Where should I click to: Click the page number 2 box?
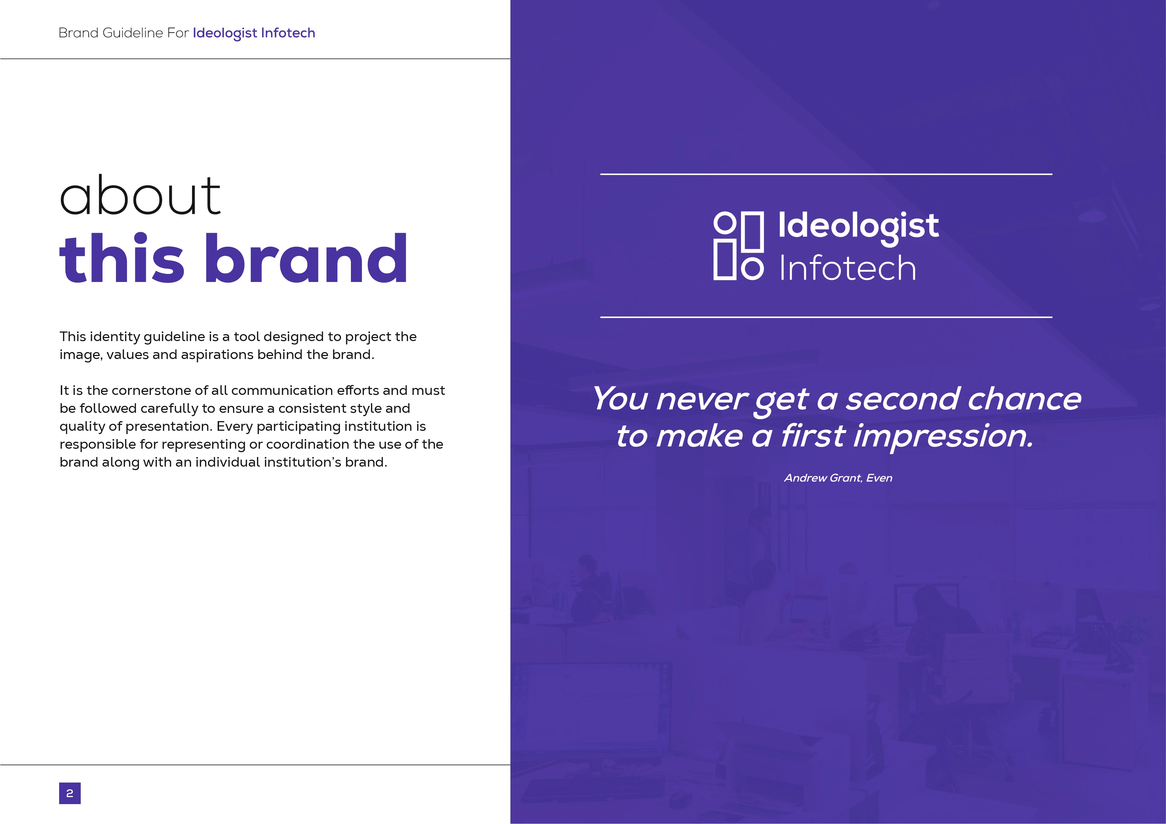pyautogui.click(x=69, y=793)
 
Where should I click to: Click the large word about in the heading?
pyautogui.click(x=140, y=195)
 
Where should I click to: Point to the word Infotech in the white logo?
pyautogui.click(x=848, y=268)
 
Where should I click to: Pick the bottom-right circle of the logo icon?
pyautogui.click(x=752, y=269)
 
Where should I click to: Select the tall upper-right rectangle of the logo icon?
pyautogui.click(x=753, y=231)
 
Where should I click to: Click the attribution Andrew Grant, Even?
pyautogui.click(x=838, y=478)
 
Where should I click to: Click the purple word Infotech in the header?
pyautogui.click(x=288, y=33)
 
